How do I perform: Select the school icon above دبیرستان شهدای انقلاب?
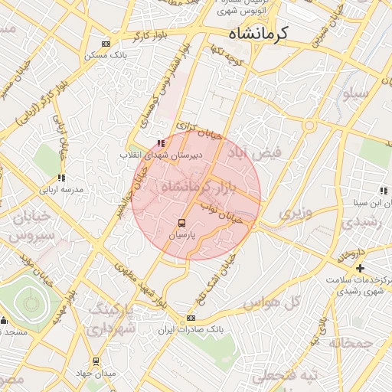[160, 143]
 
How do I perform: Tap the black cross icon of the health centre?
[360, 268]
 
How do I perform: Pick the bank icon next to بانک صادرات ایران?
[191, 318]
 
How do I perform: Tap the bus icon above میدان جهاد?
[96, 361]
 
